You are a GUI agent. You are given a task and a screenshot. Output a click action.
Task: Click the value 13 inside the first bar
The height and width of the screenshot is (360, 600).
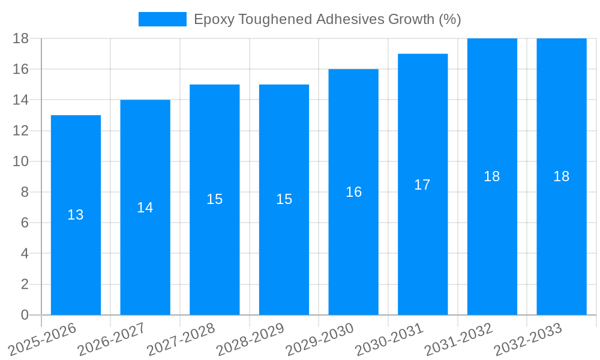tap(76, 215)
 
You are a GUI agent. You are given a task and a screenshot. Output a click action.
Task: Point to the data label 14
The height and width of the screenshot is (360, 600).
tap(145, 208)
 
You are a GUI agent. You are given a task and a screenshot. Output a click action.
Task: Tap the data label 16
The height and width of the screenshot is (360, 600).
tap(353, 192)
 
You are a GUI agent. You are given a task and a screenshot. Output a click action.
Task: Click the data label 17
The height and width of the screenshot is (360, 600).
tap(422, 185)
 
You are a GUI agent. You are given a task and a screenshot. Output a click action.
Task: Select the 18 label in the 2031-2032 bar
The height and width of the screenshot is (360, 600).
tap(492, 176)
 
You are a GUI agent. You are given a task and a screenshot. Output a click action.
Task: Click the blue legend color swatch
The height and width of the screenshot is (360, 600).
tap(163, 19)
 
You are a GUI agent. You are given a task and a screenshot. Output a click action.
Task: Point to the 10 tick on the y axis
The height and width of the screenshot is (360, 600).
tap(21, 161)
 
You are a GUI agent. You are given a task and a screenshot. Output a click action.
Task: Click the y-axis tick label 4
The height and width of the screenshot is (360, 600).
tap(25, 254)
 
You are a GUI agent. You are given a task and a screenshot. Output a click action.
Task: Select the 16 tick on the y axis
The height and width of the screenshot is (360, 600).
tap(21, 69)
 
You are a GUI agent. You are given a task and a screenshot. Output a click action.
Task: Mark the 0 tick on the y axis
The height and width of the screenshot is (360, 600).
tap(25, 315)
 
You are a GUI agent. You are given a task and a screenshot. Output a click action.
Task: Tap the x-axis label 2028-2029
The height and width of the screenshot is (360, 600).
tap(250, 340)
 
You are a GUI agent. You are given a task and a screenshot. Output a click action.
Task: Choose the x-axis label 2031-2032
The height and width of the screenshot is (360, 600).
tap(458, 340)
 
